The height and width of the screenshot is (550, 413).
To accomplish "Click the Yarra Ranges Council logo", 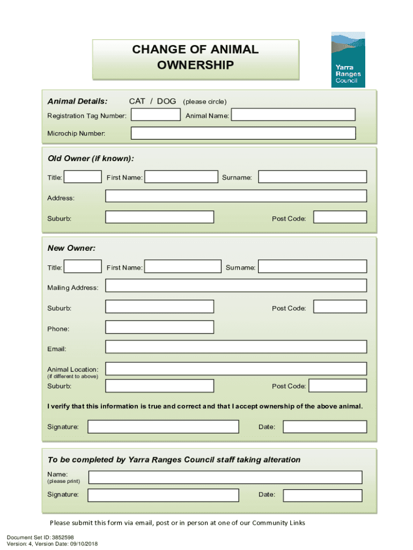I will coord(348,59).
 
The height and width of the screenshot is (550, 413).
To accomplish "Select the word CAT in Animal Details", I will coord(137,102).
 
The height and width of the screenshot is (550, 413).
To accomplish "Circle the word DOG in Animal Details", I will coord(166,102).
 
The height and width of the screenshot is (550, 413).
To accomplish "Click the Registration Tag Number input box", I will coord(156,115).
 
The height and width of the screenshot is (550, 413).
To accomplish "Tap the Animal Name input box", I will coord(293,115).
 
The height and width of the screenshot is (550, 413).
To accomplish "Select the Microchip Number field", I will coord(243,133).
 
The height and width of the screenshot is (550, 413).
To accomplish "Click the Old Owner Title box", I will coord(83,177).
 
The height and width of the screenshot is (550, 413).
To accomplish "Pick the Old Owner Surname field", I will coord(313,177).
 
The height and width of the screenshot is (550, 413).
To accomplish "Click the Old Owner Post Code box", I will coord(340,217).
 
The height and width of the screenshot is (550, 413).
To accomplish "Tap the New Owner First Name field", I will coord(183,266).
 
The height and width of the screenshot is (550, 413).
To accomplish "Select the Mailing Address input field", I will coord(236,286).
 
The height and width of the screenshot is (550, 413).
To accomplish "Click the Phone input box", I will coord(159,327).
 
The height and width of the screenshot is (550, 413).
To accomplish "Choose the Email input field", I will coord(236,347).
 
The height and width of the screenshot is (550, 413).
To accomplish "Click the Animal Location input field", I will coord(236,368).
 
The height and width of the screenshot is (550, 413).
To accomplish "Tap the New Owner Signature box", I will coord(163,426).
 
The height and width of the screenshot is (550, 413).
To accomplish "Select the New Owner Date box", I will coord(325,426).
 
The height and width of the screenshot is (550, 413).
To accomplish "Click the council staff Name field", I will coord(225,477).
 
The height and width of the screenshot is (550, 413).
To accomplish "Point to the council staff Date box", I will coord(322,495).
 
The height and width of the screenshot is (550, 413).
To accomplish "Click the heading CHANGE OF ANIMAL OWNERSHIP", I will coord(196,57).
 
